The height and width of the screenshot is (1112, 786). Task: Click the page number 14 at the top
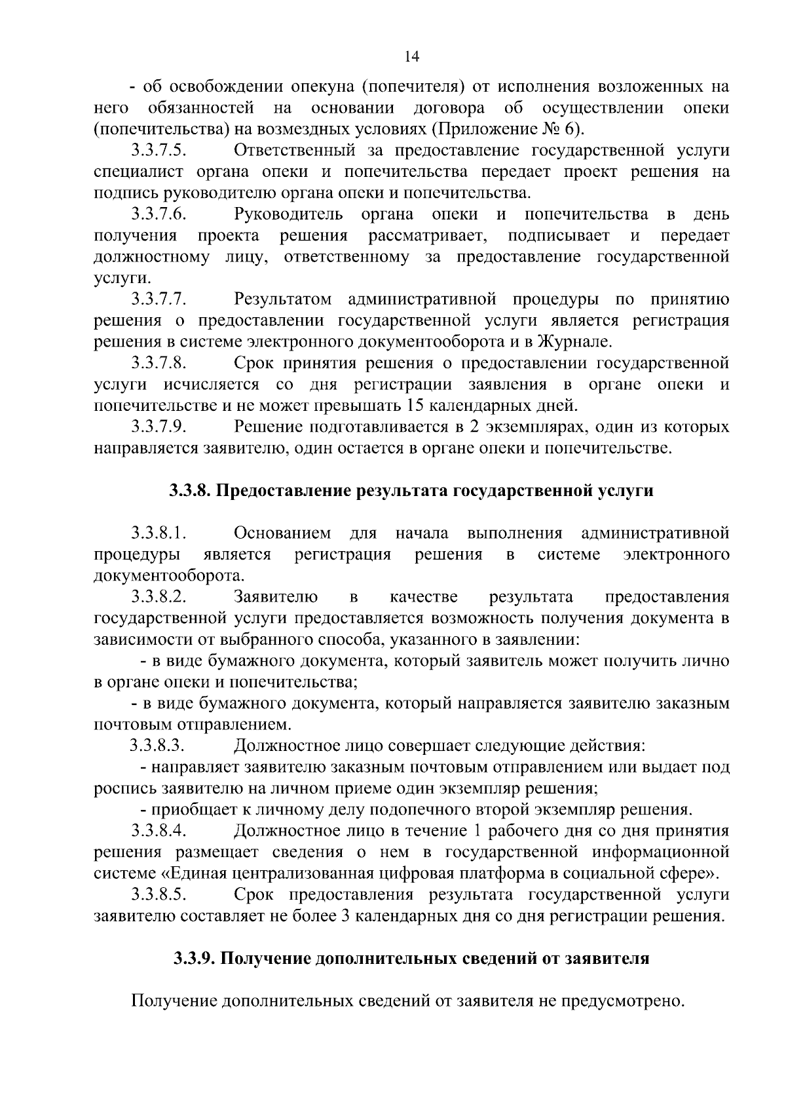(412, 57)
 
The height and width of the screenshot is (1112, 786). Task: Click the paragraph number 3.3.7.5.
(159, 151)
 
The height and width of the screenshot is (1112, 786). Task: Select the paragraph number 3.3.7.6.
(159, 215)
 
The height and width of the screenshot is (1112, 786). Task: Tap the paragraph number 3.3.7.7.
(159, 300)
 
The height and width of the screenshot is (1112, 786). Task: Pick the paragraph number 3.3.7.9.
(159, 427)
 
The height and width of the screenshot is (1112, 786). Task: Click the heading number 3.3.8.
(189, 491)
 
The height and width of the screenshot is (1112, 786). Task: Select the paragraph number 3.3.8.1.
(159, 533)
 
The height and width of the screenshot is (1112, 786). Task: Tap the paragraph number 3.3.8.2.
(159, 597)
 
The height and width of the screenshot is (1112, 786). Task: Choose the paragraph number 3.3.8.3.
(157, 746)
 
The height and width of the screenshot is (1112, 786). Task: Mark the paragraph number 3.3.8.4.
(159, 831)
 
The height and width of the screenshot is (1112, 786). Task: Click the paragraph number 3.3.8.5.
(159, 894)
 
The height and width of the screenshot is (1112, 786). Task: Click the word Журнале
(573, 342)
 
